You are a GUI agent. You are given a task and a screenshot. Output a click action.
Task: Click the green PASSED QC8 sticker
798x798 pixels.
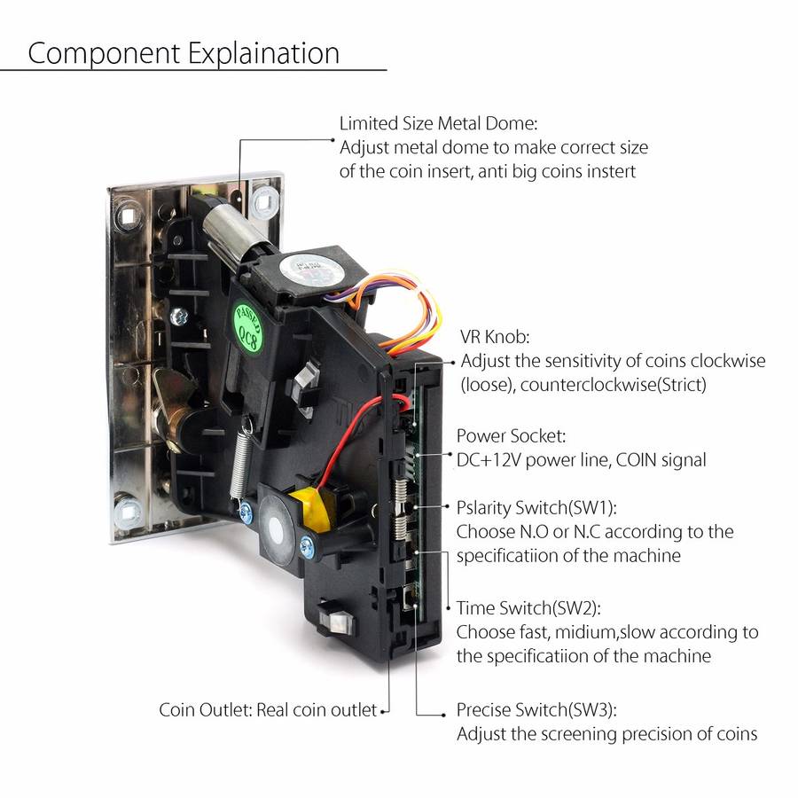[248, 328]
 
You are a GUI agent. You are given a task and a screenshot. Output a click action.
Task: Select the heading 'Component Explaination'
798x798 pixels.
[184, 54]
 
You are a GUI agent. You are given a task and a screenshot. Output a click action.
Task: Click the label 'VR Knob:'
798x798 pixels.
[495, 336]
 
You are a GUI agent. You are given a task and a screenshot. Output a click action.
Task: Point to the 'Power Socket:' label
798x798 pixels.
[511, 436]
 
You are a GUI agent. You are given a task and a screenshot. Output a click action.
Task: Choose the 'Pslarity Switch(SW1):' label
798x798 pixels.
[536, 508]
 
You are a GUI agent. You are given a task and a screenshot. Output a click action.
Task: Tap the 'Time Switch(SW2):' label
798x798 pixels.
[528, 608]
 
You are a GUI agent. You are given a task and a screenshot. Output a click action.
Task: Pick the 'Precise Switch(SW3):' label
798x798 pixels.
[536, 709]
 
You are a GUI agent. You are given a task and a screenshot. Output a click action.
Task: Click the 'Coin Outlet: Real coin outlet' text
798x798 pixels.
[268, 709]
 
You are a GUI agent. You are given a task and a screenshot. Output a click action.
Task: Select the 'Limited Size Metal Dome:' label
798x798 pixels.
[438, 123]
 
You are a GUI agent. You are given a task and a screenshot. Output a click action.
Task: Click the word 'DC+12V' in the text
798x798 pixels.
[489, 460]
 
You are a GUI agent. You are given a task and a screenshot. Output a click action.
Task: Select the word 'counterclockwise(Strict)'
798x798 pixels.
[614, 384]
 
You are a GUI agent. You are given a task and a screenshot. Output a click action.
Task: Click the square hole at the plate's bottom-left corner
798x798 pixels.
[127, 512]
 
